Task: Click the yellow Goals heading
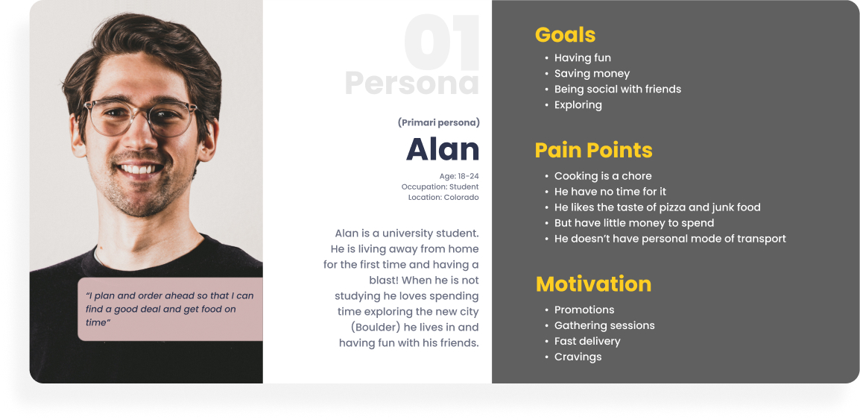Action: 565,34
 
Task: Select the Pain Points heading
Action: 593,151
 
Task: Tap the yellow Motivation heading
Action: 593,283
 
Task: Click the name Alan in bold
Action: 443,148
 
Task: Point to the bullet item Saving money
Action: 592,74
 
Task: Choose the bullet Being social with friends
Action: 618,89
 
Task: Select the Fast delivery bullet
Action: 586,341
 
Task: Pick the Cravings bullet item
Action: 578,357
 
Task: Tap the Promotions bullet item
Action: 584,310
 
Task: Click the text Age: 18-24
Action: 459,176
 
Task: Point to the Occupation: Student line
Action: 440,187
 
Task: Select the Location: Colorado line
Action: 443,197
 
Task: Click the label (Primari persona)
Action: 439,123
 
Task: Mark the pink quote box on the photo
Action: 170,309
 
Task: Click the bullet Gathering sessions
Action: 604,325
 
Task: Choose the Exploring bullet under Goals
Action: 578,105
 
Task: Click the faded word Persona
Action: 412,83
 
